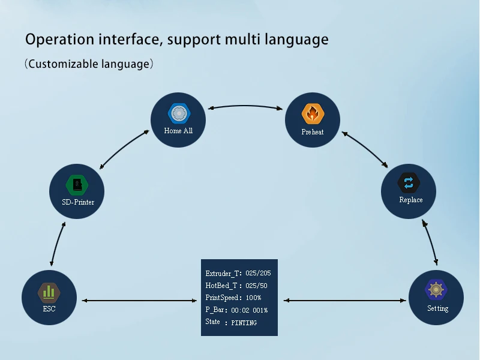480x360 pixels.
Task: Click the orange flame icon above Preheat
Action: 313,114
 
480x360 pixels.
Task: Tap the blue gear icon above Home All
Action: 179,113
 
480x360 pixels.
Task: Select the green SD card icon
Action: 77,185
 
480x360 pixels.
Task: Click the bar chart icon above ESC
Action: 49,293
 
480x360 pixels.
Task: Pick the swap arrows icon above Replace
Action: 409,183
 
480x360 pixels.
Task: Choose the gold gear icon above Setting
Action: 436,289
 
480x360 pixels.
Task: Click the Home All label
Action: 178,131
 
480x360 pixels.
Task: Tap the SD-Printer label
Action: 78,202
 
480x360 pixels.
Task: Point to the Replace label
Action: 411,200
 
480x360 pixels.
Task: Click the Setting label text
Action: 438,308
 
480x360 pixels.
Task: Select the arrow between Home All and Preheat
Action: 245,106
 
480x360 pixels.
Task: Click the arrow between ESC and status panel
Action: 139,301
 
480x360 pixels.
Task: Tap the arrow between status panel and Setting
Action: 344,301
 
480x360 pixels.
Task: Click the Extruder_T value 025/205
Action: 258,273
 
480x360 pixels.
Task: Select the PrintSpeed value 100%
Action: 253,298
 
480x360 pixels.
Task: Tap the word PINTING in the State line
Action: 244,323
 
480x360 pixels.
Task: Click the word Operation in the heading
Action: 59,40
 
